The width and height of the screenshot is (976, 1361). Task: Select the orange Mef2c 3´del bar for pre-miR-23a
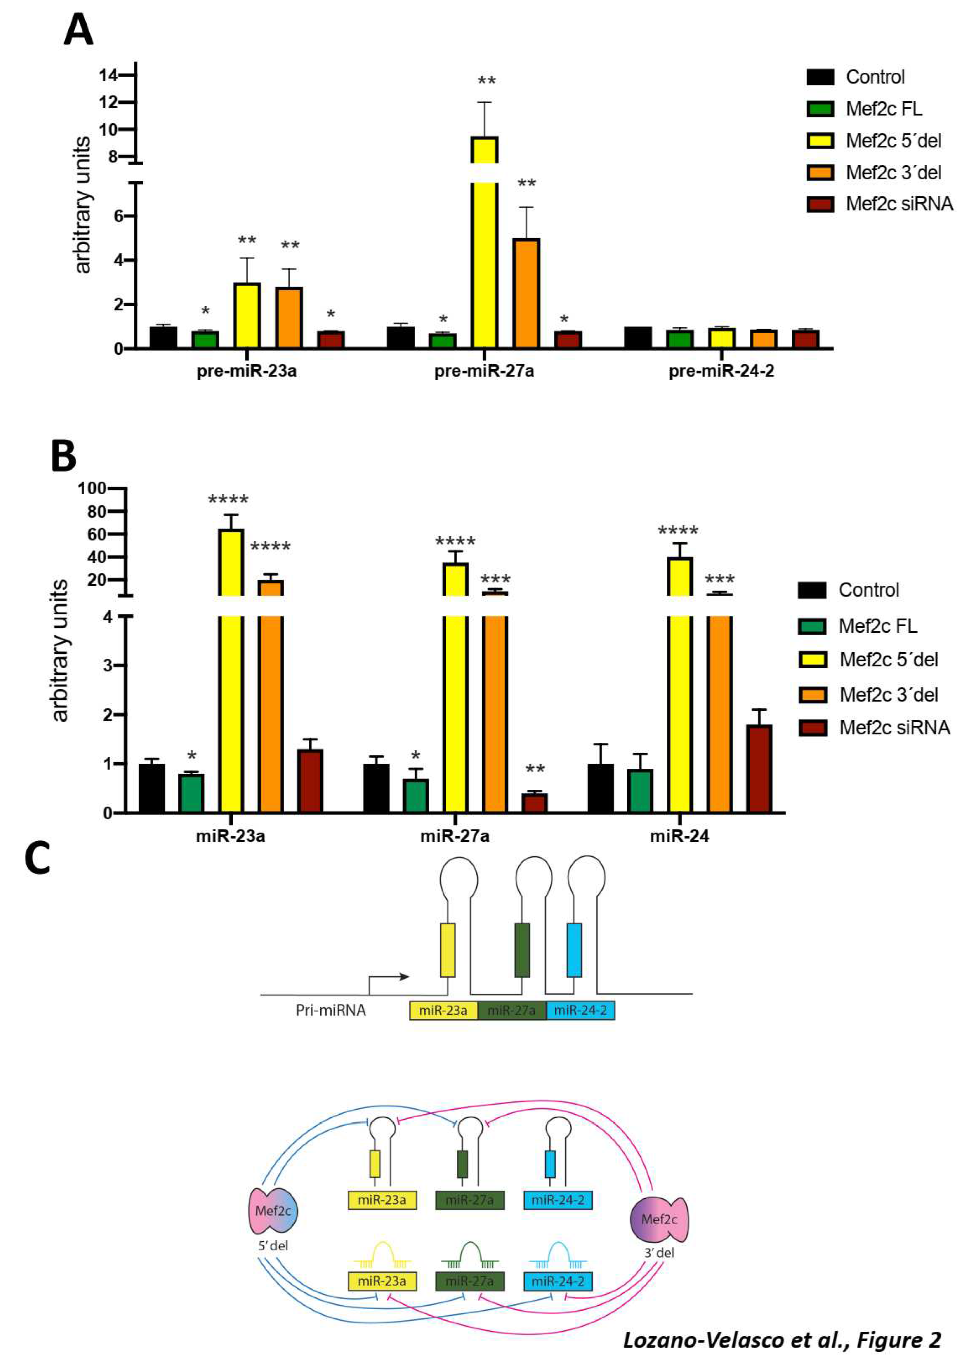[289, 318]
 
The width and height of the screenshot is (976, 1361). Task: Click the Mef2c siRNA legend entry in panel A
[880, 204]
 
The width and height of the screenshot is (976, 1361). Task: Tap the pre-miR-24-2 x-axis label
[721, 371]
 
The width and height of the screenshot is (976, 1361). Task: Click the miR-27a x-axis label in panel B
[454, 835]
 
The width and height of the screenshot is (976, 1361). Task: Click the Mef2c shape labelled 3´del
[659, 1219]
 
